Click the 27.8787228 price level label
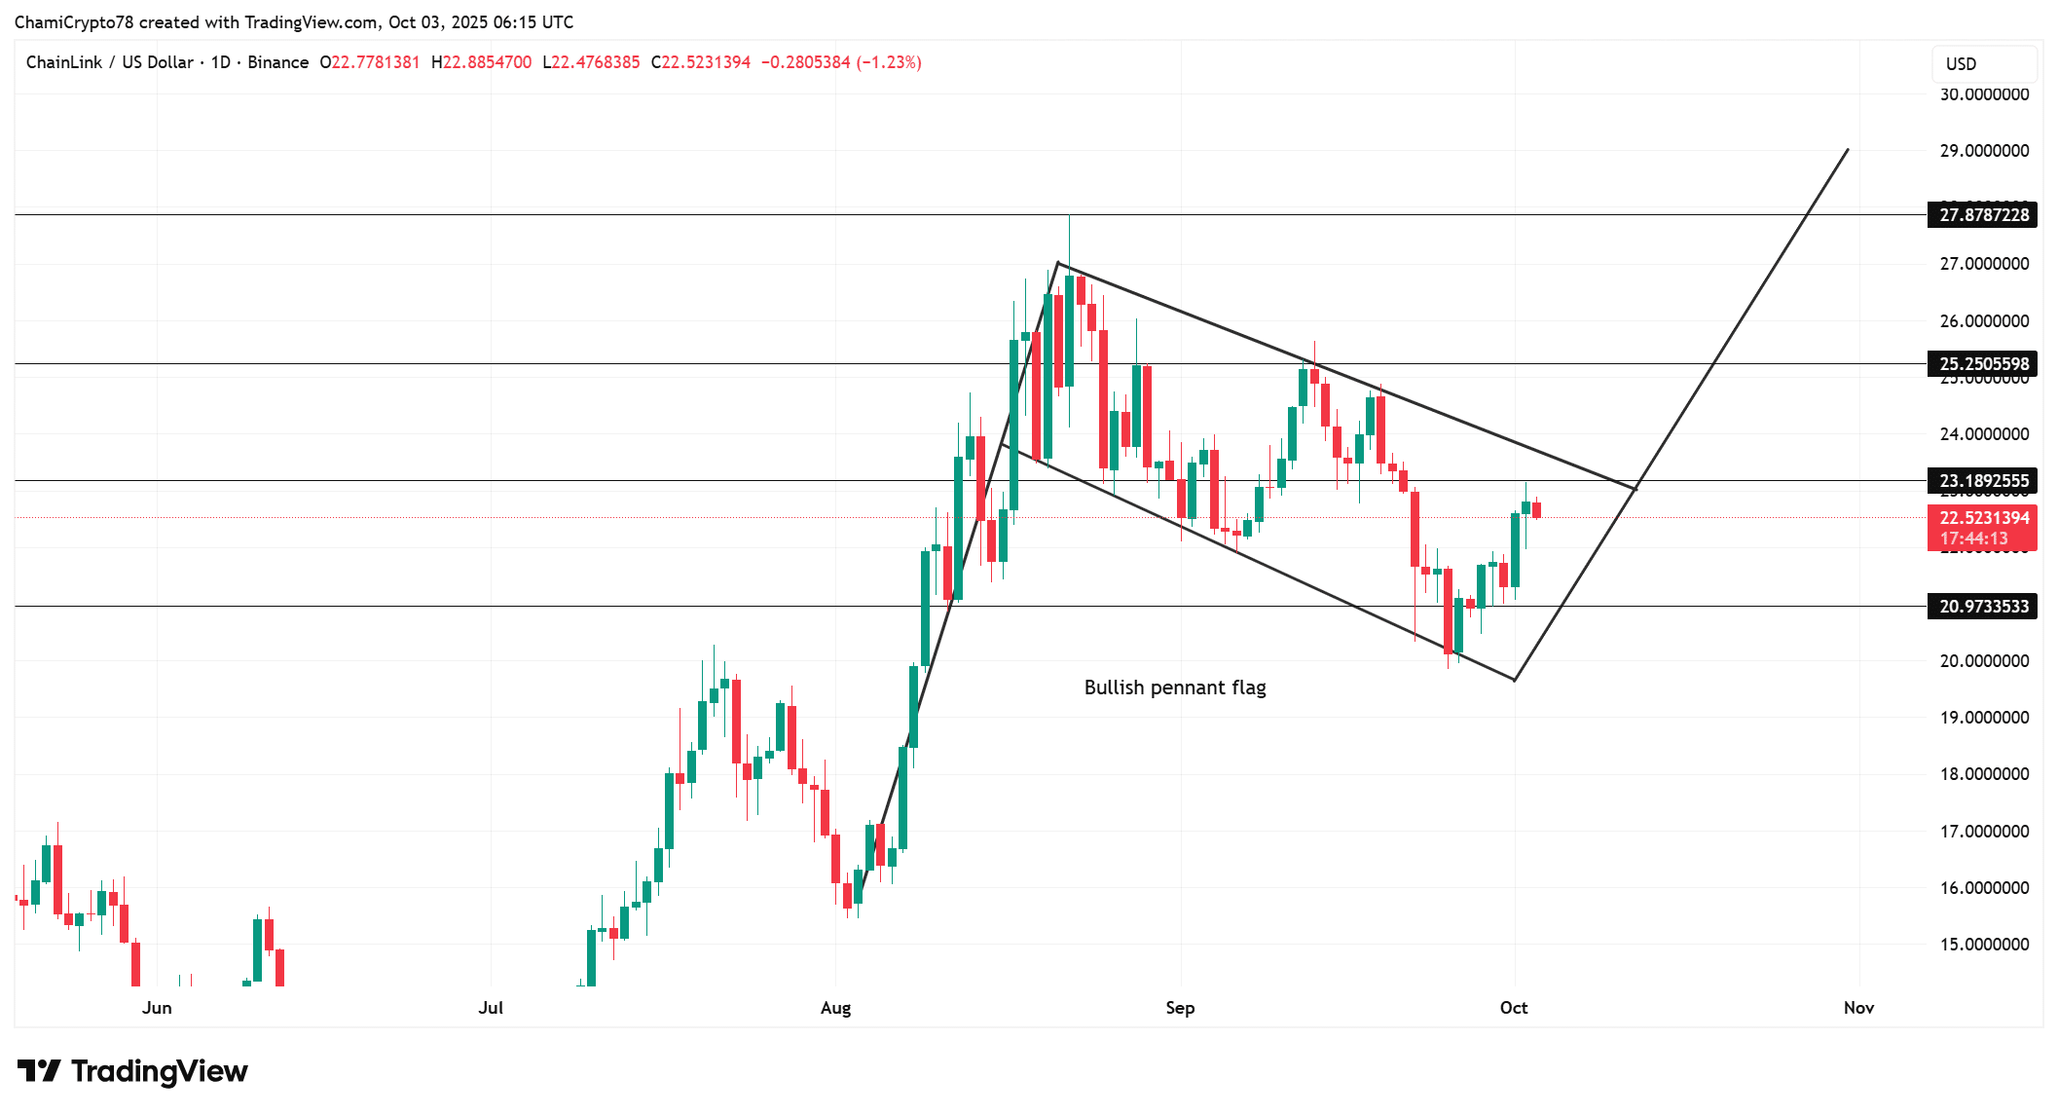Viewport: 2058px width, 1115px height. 1983,215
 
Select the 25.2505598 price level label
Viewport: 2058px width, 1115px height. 1983,364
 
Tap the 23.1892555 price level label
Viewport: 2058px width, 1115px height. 1983,481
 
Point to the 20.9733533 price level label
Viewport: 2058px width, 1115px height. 1983,607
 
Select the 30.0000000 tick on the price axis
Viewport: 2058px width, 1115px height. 1984,94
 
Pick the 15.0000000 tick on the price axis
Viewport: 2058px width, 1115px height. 1984,945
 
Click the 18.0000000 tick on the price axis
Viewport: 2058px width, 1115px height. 1984,774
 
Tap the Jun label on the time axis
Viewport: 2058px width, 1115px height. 157,1008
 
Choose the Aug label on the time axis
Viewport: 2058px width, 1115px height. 835,1008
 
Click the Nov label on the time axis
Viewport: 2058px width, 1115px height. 1858,1008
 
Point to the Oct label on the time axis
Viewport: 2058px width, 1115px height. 1514,1008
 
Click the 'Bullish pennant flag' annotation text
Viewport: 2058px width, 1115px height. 1175,688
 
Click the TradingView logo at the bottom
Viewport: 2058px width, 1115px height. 132,1071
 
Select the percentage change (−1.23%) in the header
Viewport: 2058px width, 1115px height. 889,62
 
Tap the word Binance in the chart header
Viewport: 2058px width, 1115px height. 277,62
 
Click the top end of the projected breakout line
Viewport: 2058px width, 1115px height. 1848,150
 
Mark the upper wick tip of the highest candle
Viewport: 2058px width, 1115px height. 1069,216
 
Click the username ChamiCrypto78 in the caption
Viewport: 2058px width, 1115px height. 73,22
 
